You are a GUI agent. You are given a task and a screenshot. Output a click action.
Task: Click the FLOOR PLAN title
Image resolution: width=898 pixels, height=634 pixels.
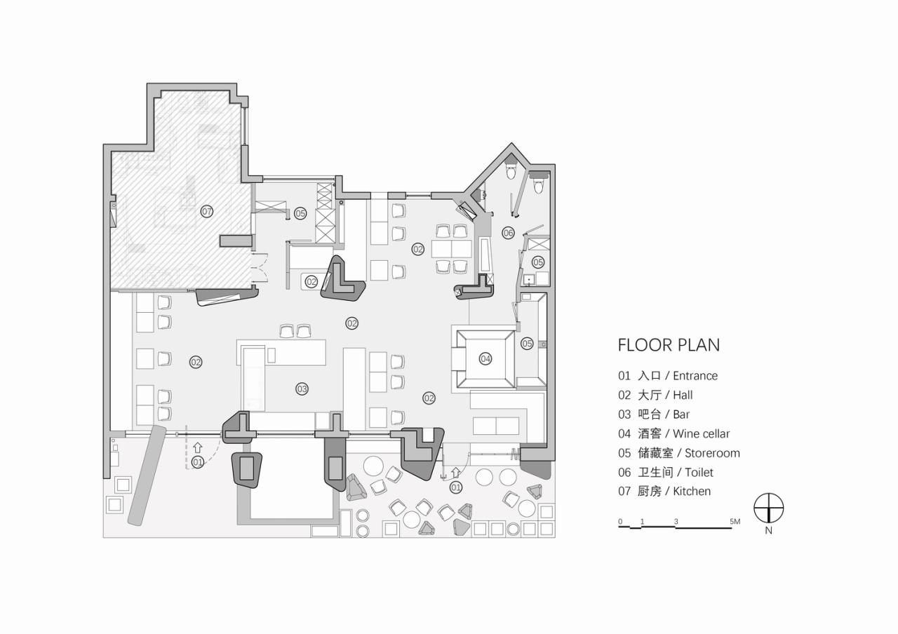[x=668, y=345]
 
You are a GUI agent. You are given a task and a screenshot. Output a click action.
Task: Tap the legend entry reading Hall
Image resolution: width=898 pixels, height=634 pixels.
[x=655, y=396]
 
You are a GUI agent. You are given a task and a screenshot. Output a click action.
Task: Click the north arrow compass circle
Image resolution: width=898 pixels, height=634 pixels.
[x=768, y=508]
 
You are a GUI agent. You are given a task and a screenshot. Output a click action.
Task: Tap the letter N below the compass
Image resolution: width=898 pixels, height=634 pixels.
[x=769, y=531]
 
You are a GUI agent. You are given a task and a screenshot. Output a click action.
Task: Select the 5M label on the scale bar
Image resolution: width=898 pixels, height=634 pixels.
[x=735, y=522]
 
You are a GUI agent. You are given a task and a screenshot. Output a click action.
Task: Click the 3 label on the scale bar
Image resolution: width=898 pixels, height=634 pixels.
[x=676, y=522]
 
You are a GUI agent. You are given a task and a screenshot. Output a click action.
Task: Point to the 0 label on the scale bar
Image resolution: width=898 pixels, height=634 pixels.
[x=620, y=522]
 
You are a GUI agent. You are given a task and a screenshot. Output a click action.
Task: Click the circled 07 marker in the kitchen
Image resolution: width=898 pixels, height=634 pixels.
[x=206, y=211]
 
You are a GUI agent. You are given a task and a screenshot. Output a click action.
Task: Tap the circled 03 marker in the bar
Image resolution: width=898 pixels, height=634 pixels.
[x=302, y=389]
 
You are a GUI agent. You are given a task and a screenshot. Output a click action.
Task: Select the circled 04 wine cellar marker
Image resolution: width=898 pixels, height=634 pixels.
[x=485, y=359]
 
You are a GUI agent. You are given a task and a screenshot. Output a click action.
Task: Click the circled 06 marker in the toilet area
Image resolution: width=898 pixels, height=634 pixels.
[x=508, y=232]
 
